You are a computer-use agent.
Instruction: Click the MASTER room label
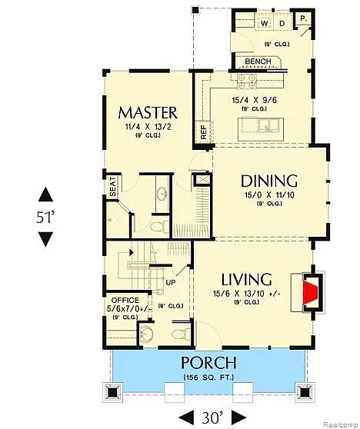tap(148, 112)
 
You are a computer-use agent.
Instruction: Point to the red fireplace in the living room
tap(310, 292)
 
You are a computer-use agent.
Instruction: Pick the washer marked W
tap(265, 23)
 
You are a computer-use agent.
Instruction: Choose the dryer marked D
tap(282, 23)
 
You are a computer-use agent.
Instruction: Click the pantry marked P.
tap(304, 18)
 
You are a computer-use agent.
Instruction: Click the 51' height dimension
tap(46, 216)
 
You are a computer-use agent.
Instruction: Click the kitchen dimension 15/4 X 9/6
tap(254, 99)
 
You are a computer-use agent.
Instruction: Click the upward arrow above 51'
tap(46, 195)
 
